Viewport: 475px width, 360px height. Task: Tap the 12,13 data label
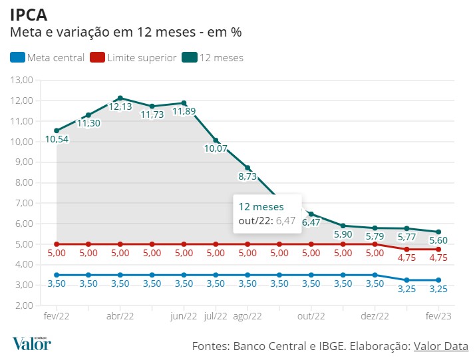[x=120, y=106]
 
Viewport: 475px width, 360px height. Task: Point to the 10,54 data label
[x=57, y=140]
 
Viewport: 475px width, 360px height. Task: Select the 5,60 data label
[x=438, y=240]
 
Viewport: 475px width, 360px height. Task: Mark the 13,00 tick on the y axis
[x=22, y=80]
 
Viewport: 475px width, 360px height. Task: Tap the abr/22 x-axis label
[x=120, y=317]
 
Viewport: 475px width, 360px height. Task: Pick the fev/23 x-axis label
[x=438, y=317]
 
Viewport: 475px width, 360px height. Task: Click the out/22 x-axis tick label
[x=311, y=317]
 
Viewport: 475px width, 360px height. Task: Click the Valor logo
[x=31, y=344]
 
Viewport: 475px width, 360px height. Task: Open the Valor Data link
[x=441, y=346]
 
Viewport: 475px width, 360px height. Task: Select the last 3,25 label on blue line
[x=438, y=290]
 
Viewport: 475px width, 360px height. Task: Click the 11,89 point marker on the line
[x=184, y=103]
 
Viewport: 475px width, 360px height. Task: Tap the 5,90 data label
[x=343, y=235]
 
